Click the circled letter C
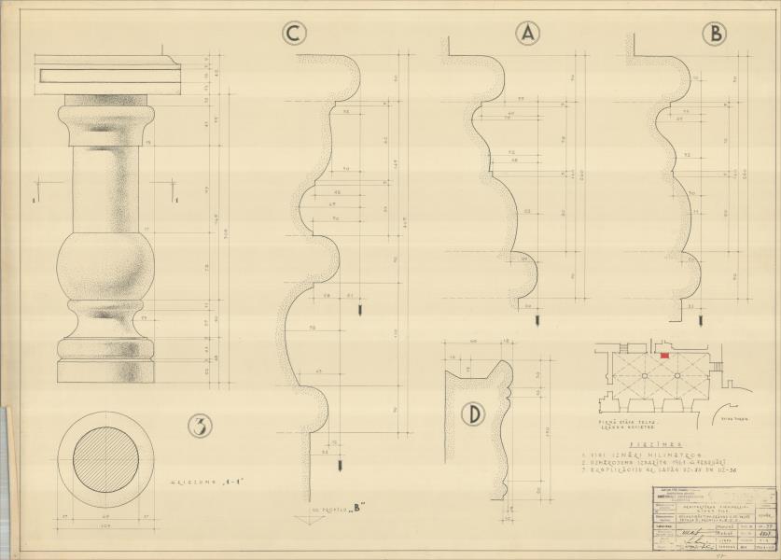pyautogui.click(x=294, y=35)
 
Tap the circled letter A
pyautogui.click(x=528, y=35)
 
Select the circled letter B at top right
pyautogui.click(x=715, y=35)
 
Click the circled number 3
pyautogui.click(x=200, y=427)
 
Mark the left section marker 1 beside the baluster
pyautogui.click(x=34, y=198)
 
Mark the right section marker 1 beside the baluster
pyautogui.click(x=174, y=198)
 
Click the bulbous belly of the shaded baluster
pyautogui.click(x=105, y=267)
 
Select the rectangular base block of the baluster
pyautogui.click(x=105, y=371)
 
